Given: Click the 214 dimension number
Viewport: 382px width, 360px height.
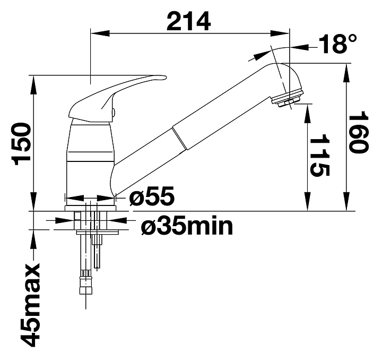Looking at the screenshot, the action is pyautogui.click(x=188, y=21).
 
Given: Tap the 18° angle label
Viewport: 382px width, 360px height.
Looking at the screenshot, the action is pyautogui.click(x=337, y=44).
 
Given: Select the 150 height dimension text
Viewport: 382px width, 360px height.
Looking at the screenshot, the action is pyautogui.click(x=22, y=144).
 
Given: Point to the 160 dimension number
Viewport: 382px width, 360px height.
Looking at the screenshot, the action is pyautogui.click(x=359, y=132).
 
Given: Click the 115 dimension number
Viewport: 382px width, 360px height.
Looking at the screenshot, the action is pyautogui.click(x=319, y=155).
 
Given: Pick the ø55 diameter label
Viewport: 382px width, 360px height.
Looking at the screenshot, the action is pyautogui.click(x=152, y=196).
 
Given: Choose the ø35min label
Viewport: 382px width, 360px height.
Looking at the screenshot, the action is pyautogui.click(x=187, y=226).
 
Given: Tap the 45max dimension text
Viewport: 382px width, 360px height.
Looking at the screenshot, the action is pyautogui.click(x=30, y=305).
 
